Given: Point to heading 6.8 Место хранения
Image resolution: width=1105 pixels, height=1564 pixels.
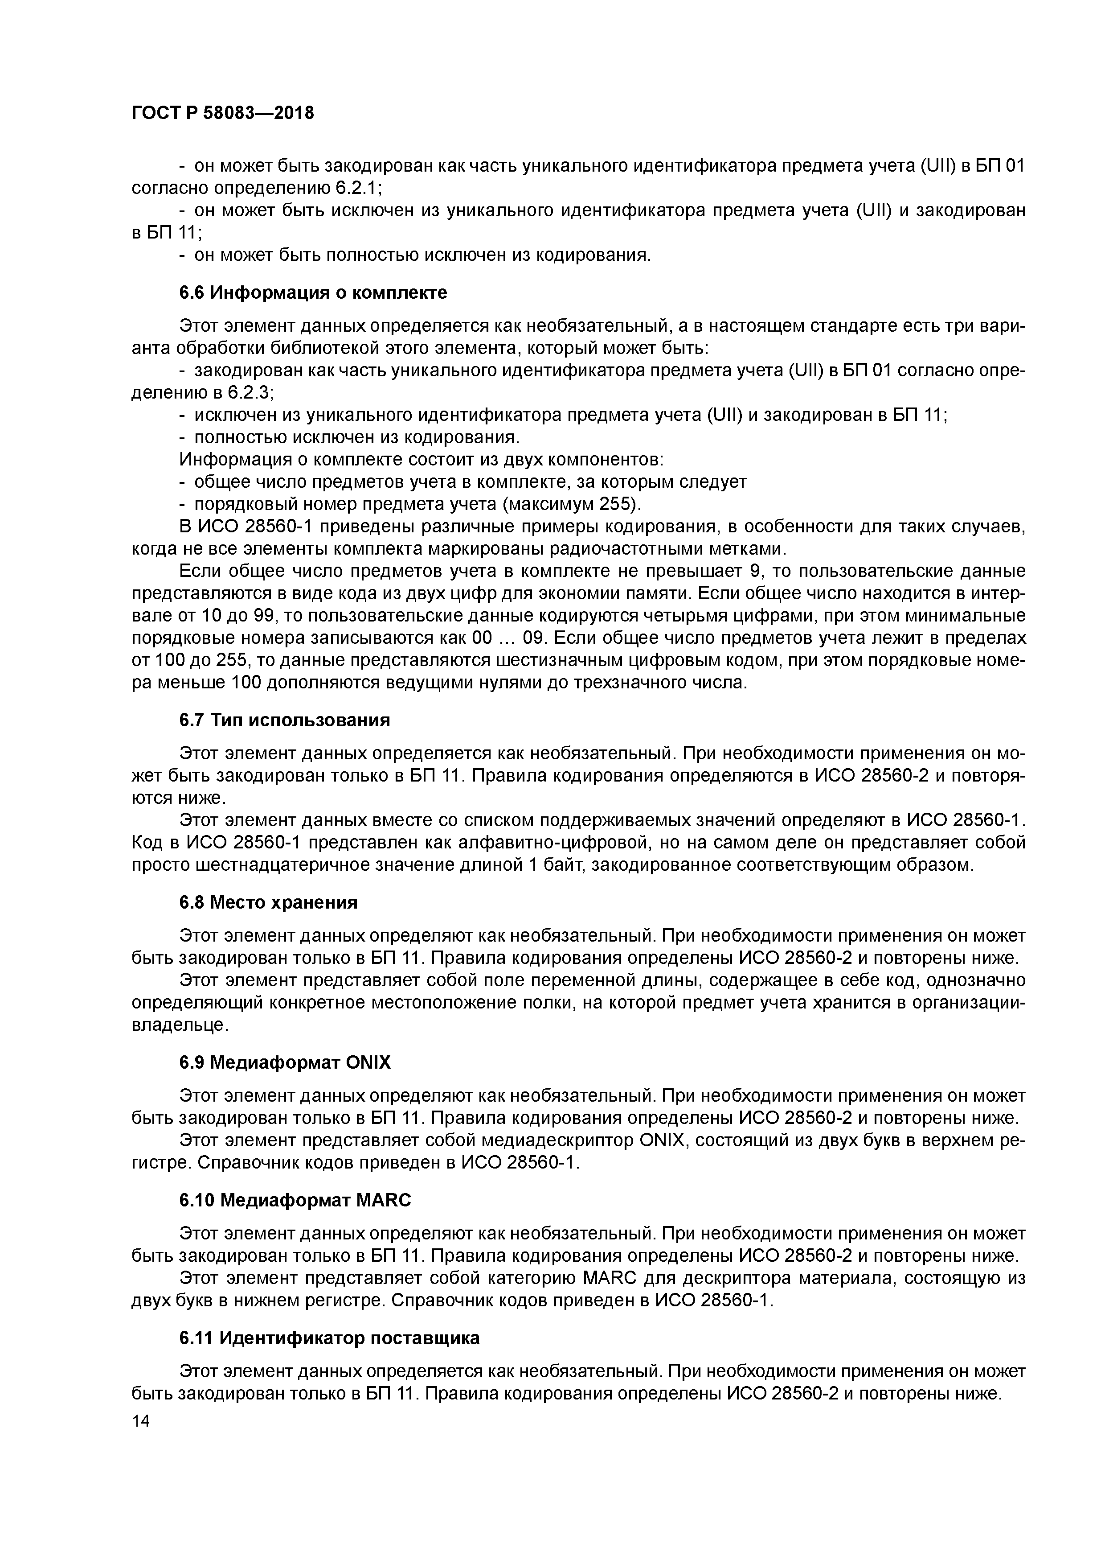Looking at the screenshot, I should pyautogui.click(x=268, y=902).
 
